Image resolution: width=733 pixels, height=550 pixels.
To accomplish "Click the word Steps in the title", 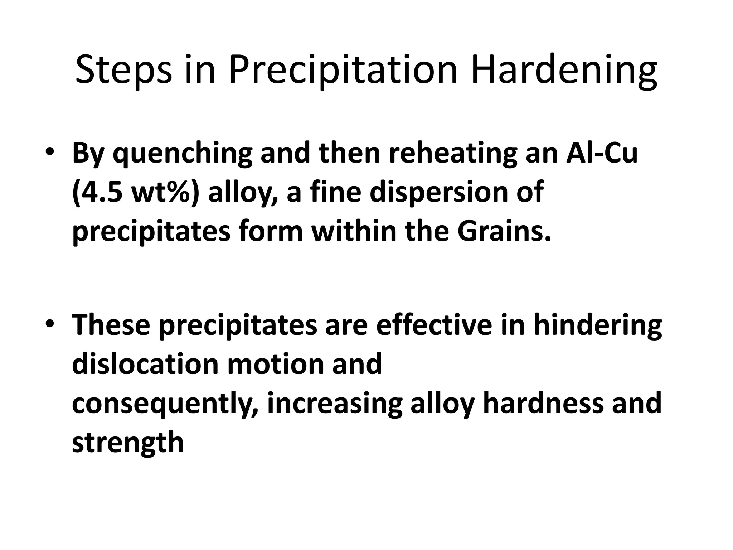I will pyautogui.click(x=123, y=71).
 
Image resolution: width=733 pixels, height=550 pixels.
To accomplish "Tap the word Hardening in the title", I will pyautogui.click(x=564, y=71).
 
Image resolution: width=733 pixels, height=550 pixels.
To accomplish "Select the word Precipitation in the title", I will pyautogui.click(x=343, y=71).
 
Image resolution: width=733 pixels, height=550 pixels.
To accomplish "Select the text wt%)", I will pyautogui.click(x=165, y=192).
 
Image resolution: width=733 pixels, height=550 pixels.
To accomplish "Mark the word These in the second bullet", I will pyautogui.click(x=111, y=324).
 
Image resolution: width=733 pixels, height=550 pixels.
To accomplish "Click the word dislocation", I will pyautogui.click(x=145, y=363).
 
